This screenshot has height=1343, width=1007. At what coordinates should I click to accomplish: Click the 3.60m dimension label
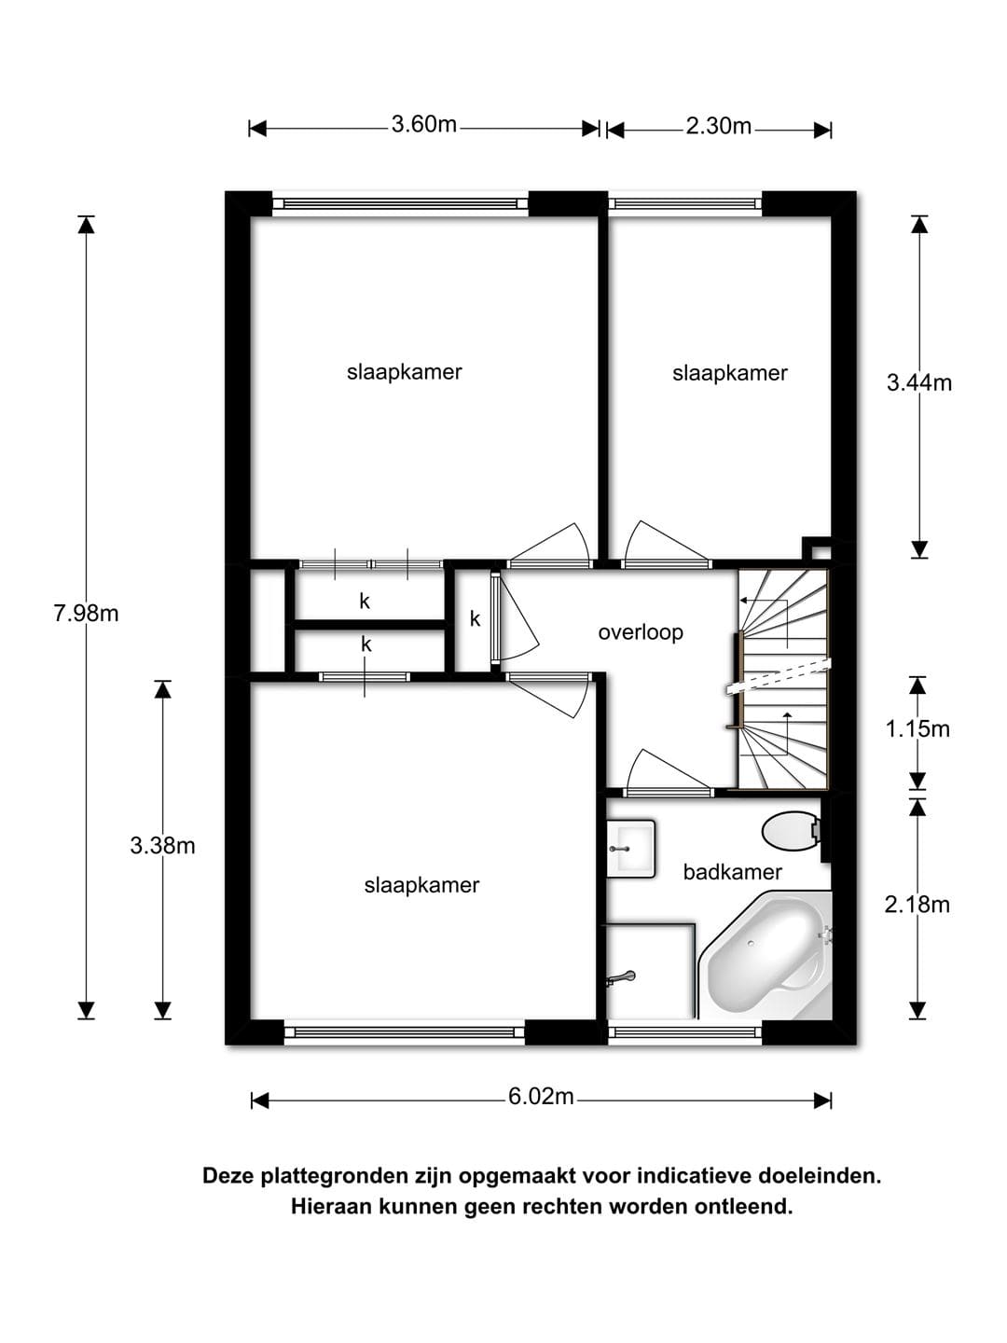pyautogui.click(x=423, y=125)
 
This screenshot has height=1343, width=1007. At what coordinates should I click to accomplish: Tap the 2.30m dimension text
pyautogui.click(x=718, y=126)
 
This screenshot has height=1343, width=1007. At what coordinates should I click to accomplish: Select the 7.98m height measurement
pyautogui.click(x=86, y=613)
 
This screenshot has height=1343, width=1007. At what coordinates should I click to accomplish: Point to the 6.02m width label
pyautogui.click(x=541, y=1097)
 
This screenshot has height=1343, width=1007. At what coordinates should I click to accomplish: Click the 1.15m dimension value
pyautogui.click(x=917, y=728)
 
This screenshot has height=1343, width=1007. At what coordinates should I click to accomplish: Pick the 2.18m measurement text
pyautogui.click(x=917, y=904)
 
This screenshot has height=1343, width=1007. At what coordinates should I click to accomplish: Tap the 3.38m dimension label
pyautogui.click(x=162, y=846)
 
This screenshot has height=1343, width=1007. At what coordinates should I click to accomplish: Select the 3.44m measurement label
pyautogui.click(x=919, y=383)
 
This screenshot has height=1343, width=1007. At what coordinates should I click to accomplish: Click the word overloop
pyautogui.click(x=641, y=632)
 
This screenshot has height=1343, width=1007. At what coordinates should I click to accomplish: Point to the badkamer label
pyautogui.click(x=732, y=872)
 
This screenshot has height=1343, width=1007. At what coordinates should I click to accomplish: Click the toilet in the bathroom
pyautogui.click(x=793, y=831)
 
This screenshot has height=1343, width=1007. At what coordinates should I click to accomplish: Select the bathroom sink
pyautogui.click(x=629, y=849)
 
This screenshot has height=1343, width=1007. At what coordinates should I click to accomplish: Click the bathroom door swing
pyautogui.click(x=667, y=769)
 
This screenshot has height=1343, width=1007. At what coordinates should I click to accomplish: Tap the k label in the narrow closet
pyautogui.click(x=476, y=619)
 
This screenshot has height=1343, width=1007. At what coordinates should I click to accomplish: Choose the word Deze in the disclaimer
pyautogui.click(x=228, y=1176)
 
